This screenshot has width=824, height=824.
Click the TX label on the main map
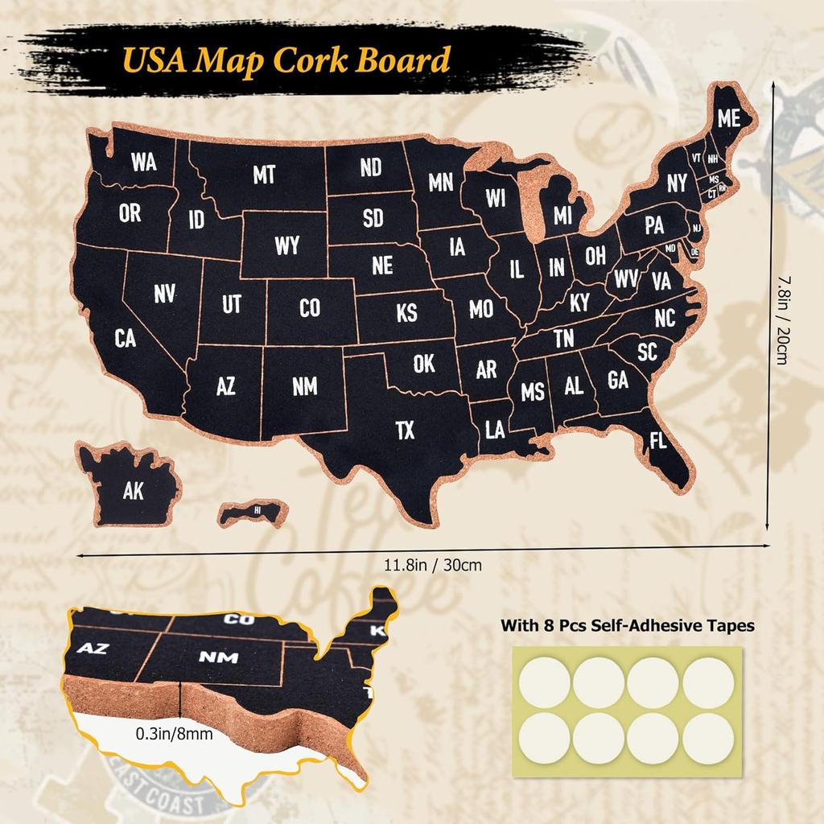click(406, 431)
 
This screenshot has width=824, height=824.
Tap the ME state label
click(728, 117)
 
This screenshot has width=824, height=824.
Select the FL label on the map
click(657, 441)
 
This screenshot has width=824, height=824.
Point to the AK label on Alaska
click(134, 490)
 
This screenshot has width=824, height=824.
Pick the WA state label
click(144, 162)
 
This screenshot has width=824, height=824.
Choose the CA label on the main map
click(125, 339)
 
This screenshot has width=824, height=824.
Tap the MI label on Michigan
click(562, 215)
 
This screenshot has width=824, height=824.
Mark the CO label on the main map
click(310, 307)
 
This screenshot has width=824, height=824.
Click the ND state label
click(371, 167)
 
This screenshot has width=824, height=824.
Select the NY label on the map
click(677, 183)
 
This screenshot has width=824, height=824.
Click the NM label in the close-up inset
click(218, 657)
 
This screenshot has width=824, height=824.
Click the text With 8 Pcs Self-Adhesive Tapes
click(628, 625)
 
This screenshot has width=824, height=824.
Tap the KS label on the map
click(407, 312)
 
